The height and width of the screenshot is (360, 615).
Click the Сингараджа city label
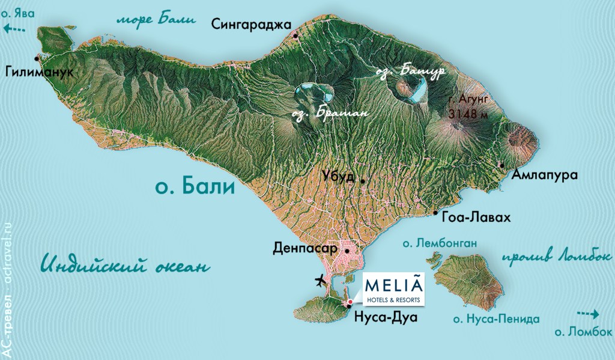tap(250, 24)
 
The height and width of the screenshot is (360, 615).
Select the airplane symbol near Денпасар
tap(321, 280)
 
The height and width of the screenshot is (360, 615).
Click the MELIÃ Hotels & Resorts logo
tap(393, 288)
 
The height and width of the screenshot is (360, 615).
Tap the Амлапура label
tap(545, 175)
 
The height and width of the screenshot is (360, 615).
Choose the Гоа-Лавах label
tap(475, 218)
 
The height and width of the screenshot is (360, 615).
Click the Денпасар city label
tap(306, 248)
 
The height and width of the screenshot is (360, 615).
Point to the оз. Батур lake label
tap(410, 72)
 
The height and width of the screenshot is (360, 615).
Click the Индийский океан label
tap(127, 264)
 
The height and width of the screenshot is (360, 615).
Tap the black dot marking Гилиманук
tap(37, 58)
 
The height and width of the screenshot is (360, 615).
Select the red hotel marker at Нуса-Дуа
tap(350, 302)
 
